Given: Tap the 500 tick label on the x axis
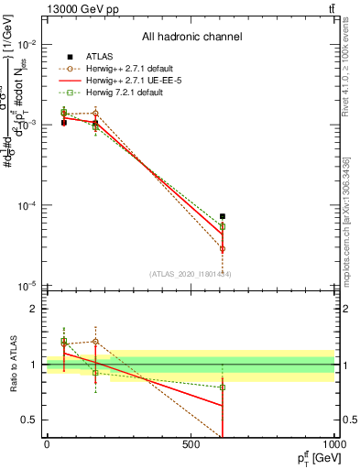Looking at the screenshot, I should [191, 445].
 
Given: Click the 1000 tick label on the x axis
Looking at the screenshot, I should [333, 445].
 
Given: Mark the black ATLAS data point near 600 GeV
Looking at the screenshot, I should [223, 216].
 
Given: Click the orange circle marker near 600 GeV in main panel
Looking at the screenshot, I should [223, 248].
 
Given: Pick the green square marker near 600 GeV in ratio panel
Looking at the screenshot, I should [223, 387].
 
